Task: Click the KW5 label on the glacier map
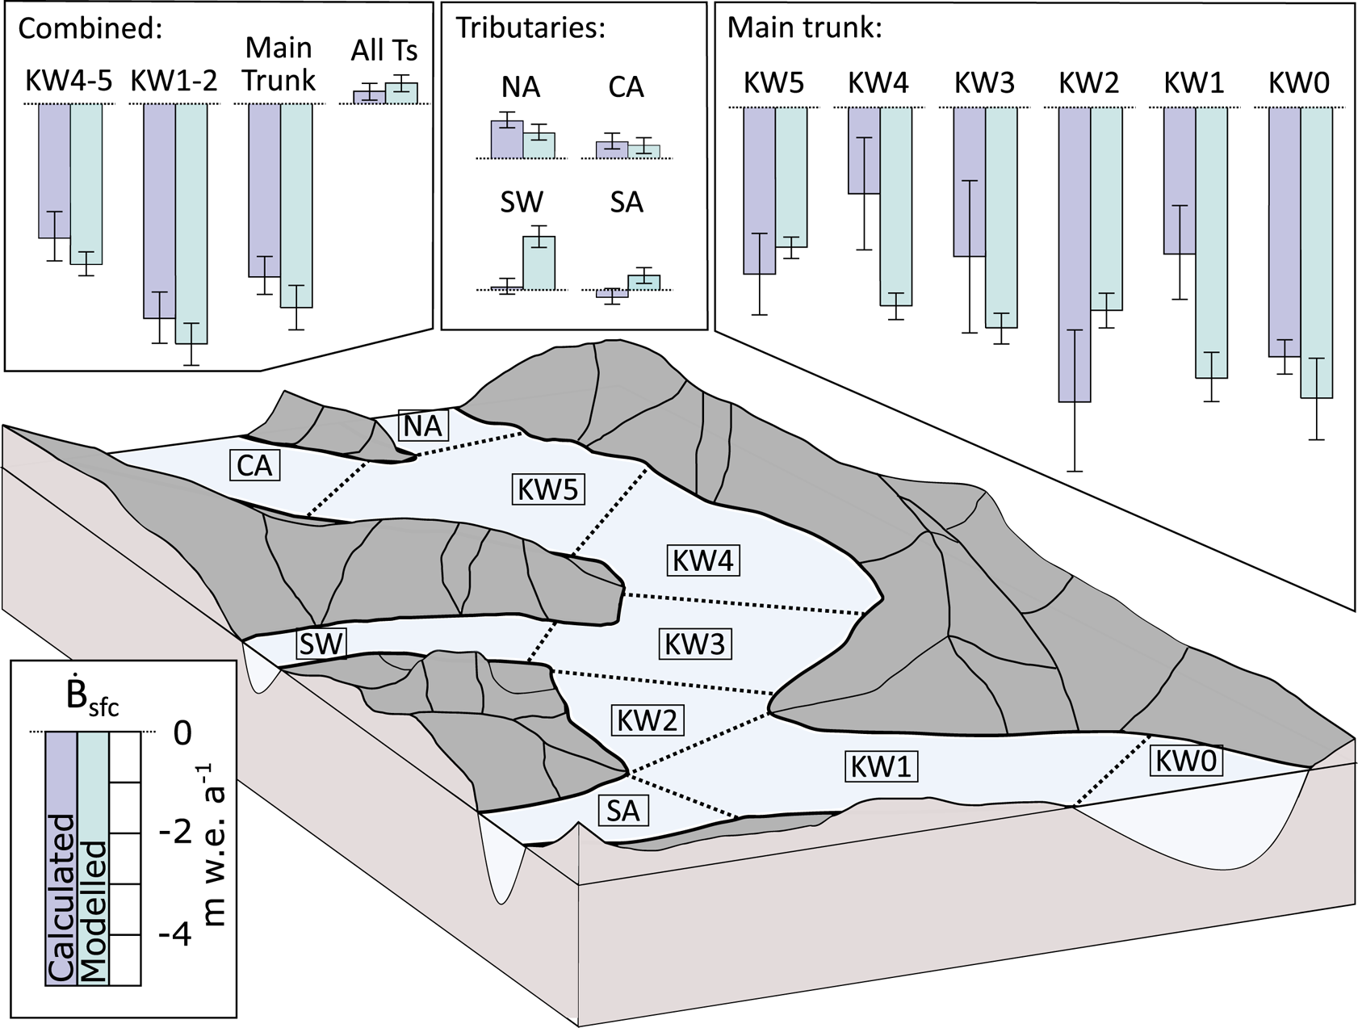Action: pyautogui.click(x=548, y=490)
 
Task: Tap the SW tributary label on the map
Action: pyautogui.click(x=321, y=644)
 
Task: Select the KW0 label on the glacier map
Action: pyautogui.click(x=1185, y=761)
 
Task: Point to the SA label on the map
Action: pyautogui.click(x=623, y=810)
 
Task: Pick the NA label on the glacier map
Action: pyautogui.click(x=423, y=425)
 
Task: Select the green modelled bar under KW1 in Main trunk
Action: pyautogui.click(x=1211, y=242)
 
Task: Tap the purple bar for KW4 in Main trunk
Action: pyautogui.click(x=864, y=150)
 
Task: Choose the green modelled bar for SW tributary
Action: pyautogui.click(x=539, y=262)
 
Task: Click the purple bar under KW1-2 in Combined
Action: pyautogui.click(x=159, y=210)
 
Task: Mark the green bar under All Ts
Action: pyautogui.click(x=401, y=93)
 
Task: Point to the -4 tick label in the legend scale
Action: pyautogui.click(x=174, y=935)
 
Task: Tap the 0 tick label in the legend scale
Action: pyautogui.click(x=183, y=733)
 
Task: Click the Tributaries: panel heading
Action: pyautogui.click(x=530, y=27)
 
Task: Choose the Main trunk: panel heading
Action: pyautogui.click(x=804, y=27)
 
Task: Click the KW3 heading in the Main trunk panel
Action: pyautogui.click(x=983, y=83)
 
